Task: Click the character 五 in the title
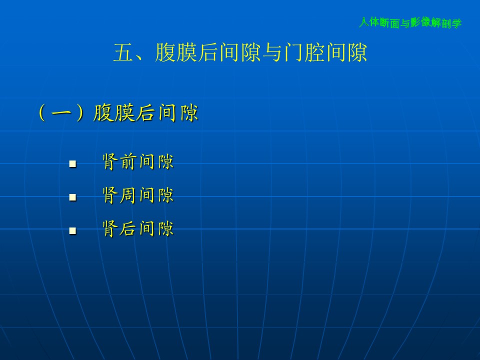coord(123,52)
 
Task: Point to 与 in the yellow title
coord(272,52)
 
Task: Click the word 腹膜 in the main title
coord(176,52)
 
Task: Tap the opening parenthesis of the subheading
coord(42,113)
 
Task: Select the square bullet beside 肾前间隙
coord(73,164)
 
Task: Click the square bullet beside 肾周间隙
coord(73,197)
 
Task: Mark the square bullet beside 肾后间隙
coord(73,230)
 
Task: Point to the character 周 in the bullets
coord(128,195)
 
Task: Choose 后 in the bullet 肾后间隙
coord(128,228)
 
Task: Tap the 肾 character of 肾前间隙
coord(110,161)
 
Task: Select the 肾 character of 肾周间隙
coord(110,195)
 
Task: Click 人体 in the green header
coord(369,22)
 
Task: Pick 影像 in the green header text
coord(421,22)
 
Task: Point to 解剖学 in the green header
coord(446,23)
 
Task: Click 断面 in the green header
coord(390,22)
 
